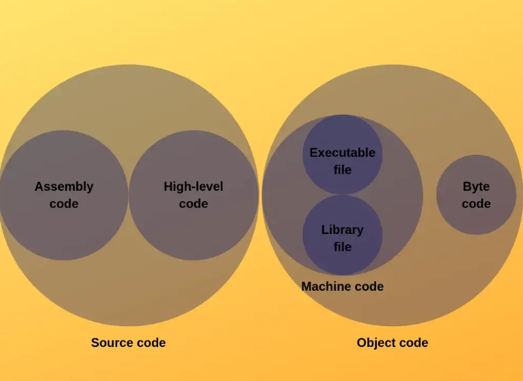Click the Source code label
[128, 342]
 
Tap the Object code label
[392, 342]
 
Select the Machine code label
[342, 286]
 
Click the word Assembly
[64, 187]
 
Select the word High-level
[193, 187]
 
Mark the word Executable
[343, 153]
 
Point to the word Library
[343, 230]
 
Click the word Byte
[476, 187]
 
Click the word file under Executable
[343, 170]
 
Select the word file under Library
[343, 247]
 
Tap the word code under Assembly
[64, 204]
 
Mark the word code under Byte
[476, 204]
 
